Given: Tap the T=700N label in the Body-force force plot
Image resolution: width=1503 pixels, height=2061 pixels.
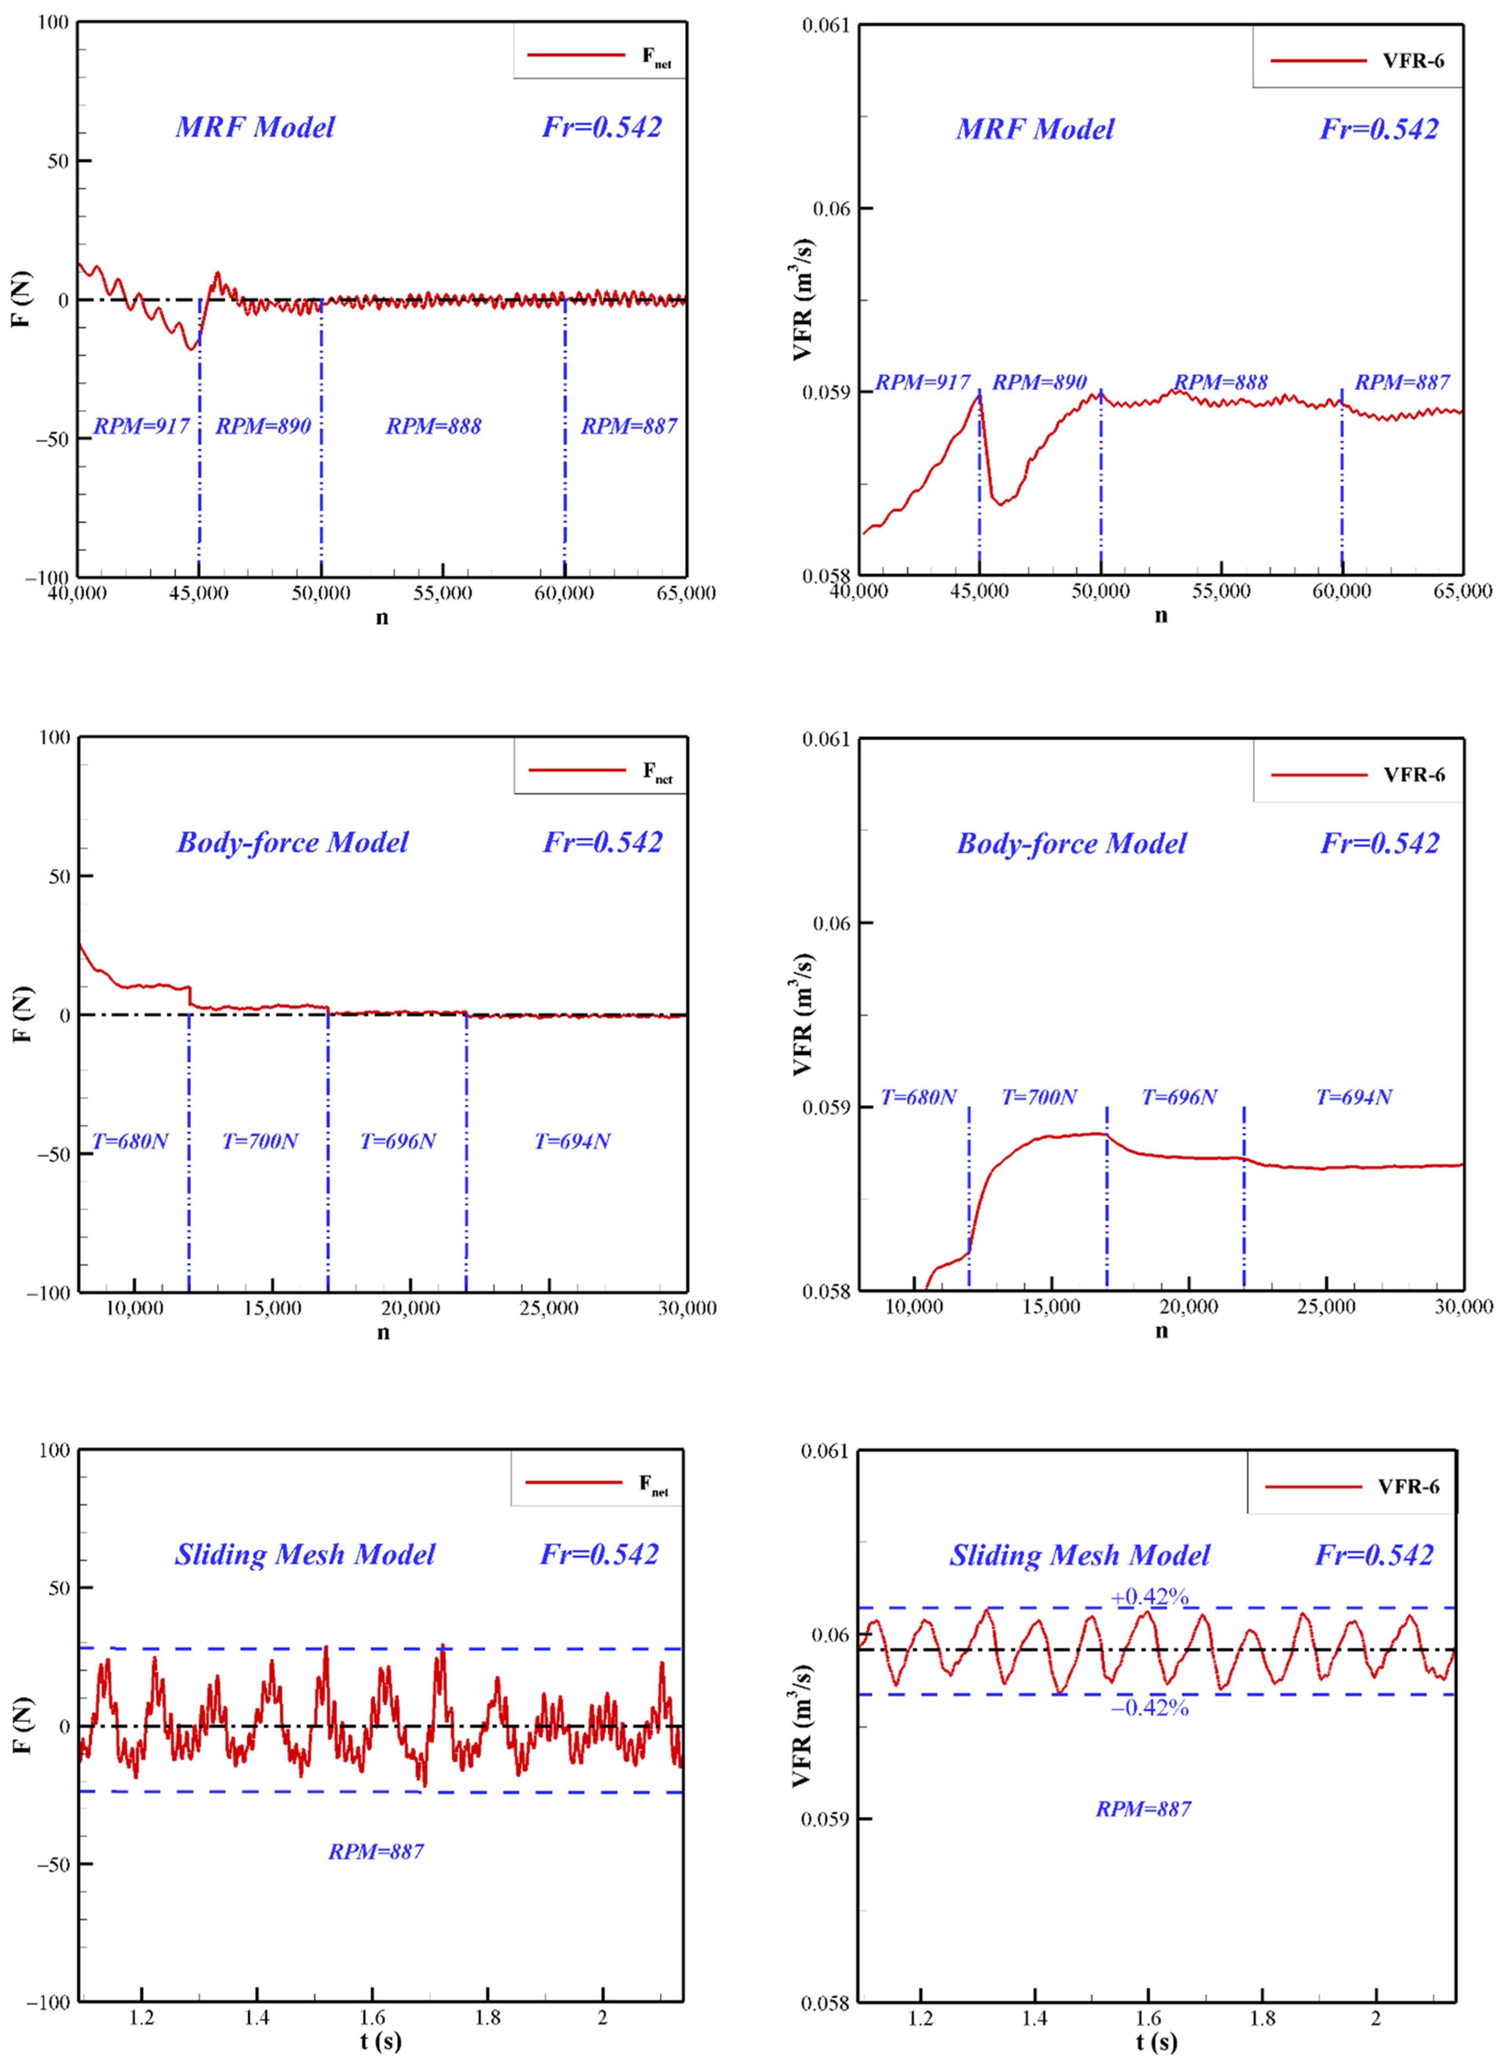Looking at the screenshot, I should click(x=260, y=1141).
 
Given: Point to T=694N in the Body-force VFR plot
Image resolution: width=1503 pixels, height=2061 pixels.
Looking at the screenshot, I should click(x=1354, y=1098).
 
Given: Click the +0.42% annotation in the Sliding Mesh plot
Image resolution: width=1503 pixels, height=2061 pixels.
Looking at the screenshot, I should click(x=1149, y=1597).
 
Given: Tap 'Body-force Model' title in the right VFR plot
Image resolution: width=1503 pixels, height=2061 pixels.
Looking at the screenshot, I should click(x=1071, y=843).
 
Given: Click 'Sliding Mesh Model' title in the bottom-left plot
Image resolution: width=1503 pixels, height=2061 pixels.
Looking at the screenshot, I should click(x=305, y=1554).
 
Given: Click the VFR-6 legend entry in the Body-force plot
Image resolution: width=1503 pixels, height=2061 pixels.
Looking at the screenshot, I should click(x=1413, y=774).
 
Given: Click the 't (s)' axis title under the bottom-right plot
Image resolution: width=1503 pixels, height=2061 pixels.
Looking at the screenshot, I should click(x=1156, y=2042).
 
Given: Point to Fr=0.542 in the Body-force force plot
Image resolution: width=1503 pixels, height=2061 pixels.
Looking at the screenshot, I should click(x=602, y=843).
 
